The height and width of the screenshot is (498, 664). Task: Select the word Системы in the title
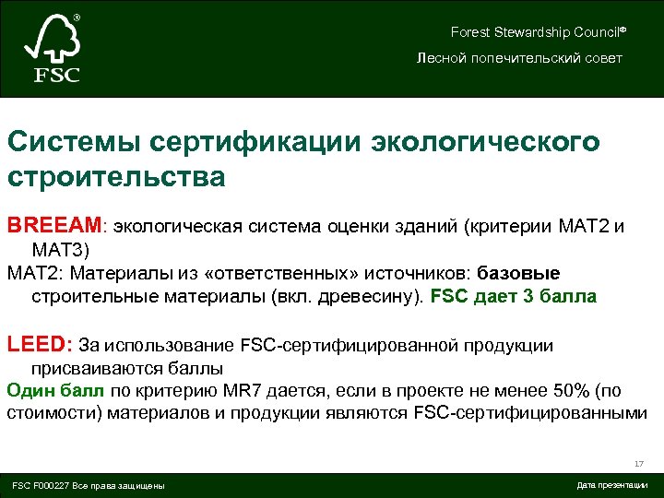point(71,143)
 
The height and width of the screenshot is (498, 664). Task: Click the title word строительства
point(115,175)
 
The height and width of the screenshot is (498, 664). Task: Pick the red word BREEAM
point(56,225)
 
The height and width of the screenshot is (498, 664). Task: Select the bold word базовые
point(518,273)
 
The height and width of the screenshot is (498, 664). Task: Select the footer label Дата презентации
point(611,485)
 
